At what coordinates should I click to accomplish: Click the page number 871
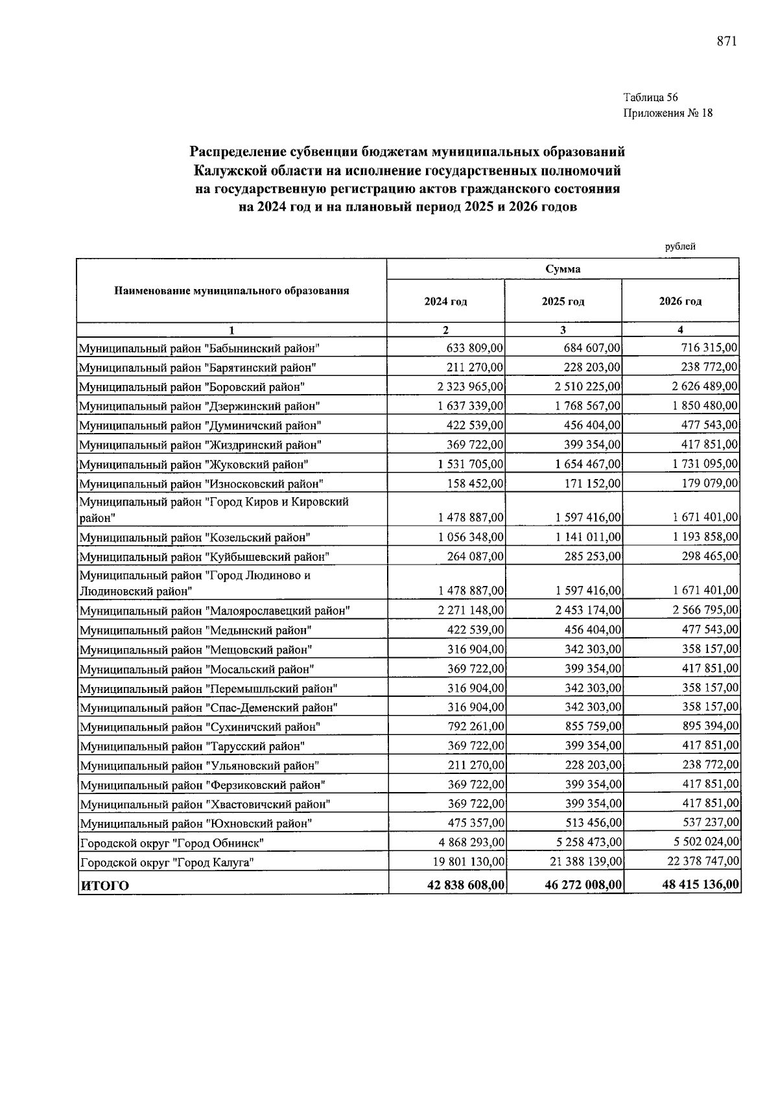coord(727,41)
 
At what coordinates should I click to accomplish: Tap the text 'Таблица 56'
coord(650,98)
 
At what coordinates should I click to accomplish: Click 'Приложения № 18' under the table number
coord(668,113)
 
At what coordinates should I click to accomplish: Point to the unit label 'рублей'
coord(680,246)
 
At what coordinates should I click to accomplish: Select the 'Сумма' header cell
coord(563,269)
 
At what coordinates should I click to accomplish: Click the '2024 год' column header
coord(445,301)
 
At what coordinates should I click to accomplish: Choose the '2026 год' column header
coord(680,301)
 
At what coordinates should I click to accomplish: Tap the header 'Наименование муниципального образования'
coord(231,290)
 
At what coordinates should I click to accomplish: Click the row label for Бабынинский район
coord(200,349)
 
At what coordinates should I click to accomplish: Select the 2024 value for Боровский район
coord(471,387)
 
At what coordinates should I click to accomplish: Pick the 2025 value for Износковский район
coord(588,484)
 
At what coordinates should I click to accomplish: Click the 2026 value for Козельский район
coord(705,537)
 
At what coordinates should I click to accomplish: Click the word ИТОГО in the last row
coord(104,885)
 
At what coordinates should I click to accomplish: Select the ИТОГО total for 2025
coord(583,885)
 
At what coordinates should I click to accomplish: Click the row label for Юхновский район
coord(196,824)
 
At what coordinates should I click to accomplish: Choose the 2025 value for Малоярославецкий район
coord(588,610)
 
